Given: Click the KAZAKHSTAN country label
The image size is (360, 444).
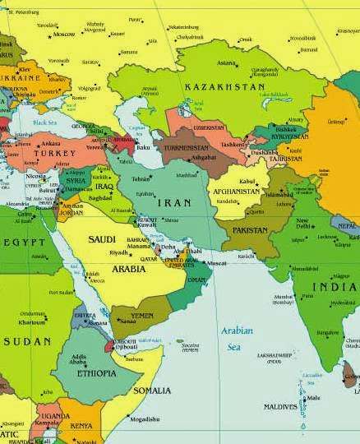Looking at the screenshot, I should pyautogui.click(x=224, y=86).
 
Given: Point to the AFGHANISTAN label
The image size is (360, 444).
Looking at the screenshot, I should pyautogui.click(x=237, y=191).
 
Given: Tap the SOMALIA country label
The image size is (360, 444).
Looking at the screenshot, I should pyautogui.click(x=151, y=390).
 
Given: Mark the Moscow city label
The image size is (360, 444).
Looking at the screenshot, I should pyautogui.click(x=63, y=35).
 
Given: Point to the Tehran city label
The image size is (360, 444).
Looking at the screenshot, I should pyautogui.click(x=141, y=178).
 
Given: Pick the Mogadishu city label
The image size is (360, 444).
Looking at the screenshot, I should pyautogui.click(x=145, y=419).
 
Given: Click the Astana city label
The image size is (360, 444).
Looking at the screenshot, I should pyautogui.click(x=226, y=62).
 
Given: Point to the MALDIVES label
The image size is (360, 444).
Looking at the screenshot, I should pyautogui.click(x=280, y=406).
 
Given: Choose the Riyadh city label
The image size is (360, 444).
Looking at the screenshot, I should pyautogui.click(x=119, y=252).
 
